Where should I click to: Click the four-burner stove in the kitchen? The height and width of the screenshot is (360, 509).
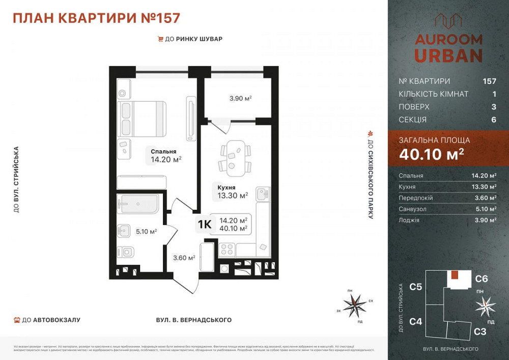tap(227, 250)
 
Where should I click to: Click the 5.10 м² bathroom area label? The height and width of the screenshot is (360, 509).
tap(146, 231)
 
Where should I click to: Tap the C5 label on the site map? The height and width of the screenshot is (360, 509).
tap(416, 287)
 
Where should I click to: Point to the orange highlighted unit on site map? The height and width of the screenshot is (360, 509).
tap(455, 275)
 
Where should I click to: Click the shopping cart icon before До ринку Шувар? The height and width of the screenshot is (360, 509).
tap(161, 39)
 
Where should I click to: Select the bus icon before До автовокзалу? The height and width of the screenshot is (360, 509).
tap(17, 320)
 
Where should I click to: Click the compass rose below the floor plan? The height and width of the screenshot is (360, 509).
tap(354, 305)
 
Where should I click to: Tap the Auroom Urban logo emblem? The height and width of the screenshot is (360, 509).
tap(448, 21)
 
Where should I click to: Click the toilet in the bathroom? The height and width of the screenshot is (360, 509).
tap(125, 252)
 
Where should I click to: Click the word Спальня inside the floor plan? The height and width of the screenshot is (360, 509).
tap(163, 151)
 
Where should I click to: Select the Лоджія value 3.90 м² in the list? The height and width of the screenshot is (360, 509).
tap(484, 220)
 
